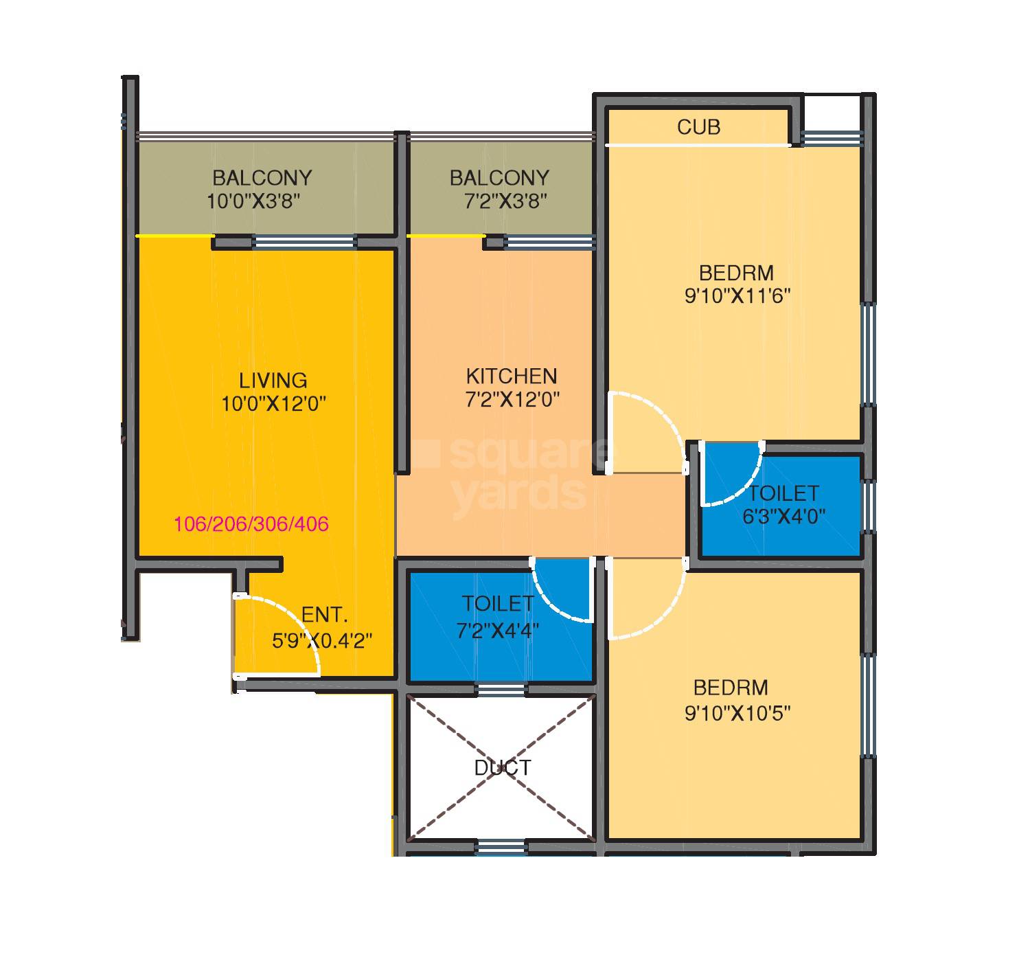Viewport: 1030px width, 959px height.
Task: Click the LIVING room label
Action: pyautogui.click(x=273, y=380)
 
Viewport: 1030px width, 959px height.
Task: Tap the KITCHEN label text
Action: pyautogui.click(x=511, y=376)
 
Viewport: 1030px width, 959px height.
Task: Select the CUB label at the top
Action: pyautogui.click(x=698, y=127)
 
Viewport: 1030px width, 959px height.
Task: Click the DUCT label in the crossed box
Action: pyautogui.click(x=503, y=767)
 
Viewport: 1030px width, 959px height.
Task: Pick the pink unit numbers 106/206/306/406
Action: pyautogui.click(x=251, y=525)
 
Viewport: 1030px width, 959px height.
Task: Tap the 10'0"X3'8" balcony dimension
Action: pyautogui.click(x=255, y=202)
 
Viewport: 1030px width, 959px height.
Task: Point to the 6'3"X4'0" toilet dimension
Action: pyautogui.click(x=783, y=516)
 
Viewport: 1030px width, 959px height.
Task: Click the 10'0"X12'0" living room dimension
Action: pyautogui.click(x=273, y=404)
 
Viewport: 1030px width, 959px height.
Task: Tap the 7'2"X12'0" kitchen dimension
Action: pyautogui.click(x=513, y=400)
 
